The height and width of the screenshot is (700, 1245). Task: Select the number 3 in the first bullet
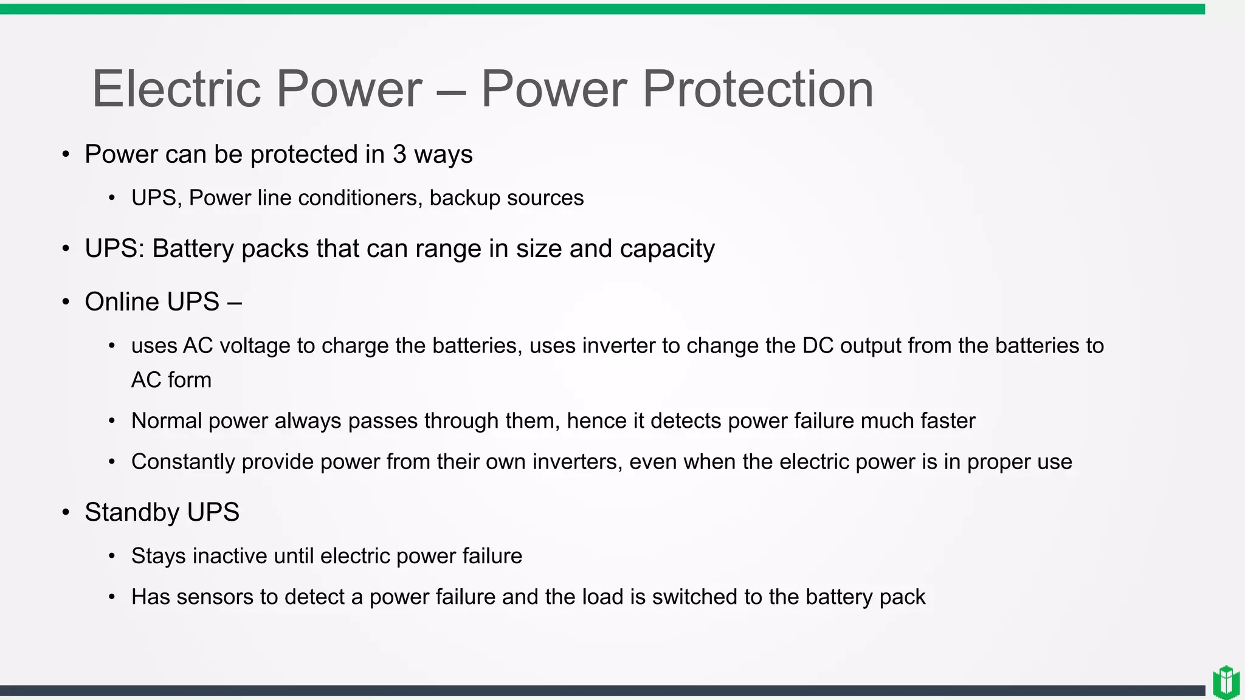coord(399,154)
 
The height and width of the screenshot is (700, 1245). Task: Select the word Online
coord(122,302)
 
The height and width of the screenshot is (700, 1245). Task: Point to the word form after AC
coord(189,380)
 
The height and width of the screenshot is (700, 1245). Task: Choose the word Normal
coord(166,421)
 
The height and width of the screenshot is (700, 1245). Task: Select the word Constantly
coord(183,462)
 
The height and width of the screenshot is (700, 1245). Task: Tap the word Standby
coord(132,512)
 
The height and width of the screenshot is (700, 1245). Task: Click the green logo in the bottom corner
coord(1226,682)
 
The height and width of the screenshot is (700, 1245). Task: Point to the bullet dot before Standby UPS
coord(66,512)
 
